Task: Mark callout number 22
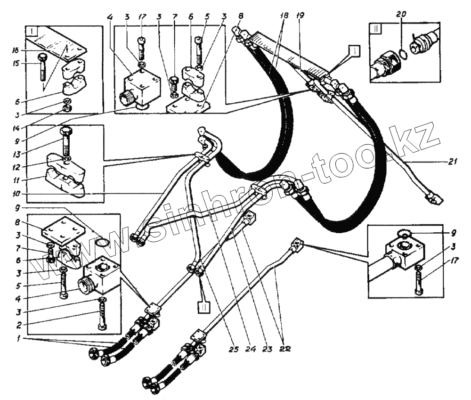pyautogui.click(x=284, y=349)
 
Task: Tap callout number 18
pyautogui.click(x=284, y=16)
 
